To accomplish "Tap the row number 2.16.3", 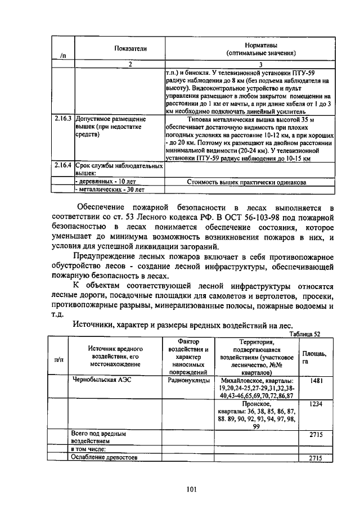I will point(62,119).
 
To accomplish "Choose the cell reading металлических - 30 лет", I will point(107,190).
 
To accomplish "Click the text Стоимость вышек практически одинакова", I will point(246,182).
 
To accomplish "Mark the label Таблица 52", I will point(304,333).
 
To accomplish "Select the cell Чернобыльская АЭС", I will point(99,380).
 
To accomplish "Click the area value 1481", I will point(314,380).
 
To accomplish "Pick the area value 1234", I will point(314,404).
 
